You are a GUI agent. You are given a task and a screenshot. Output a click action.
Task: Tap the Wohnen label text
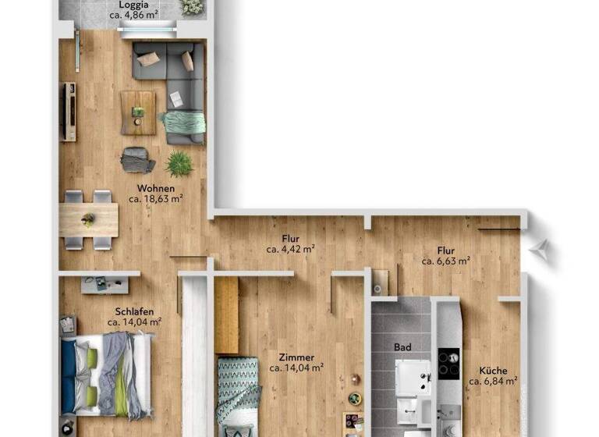[156, 188]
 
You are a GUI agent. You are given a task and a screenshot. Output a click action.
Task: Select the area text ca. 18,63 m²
[156, 199]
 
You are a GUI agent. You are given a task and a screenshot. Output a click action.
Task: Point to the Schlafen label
[134, 310]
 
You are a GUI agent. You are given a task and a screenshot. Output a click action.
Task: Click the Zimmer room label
[296, 357]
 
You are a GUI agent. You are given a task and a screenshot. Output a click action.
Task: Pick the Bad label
[402, 347]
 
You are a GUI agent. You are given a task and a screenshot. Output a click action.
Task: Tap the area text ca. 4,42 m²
[290, 250]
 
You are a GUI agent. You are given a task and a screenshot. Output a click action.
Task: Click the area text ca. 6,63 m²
[445, 261]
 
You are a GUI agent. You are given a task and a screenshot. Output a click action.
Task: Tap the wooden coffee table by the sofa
[138, 112]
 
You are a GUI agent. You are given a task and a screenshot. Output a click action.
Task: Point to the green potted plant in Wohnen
[179, 163]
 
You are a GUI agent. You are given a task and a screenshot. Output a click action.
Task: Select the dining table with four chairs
[88, 219]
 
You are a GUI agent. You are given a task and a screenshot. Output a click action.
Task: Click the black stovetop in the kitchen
[448, 363]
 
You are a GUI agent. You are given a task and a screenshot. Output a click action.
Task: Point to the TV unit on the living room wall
[69, 111]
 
